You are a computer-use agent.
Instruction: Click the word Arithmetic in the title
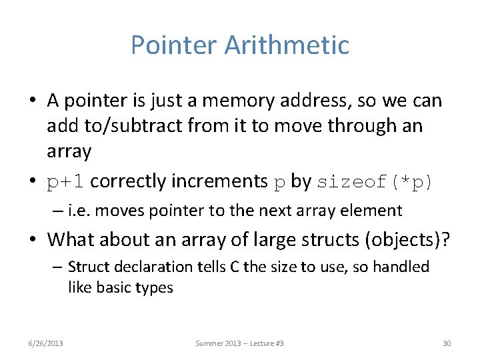287,45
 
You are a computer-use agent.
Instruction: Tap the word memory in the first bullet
235,101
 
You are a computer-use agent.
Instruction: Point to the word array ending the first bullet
69,151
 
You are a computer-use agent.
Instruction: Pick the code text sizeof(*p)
375,181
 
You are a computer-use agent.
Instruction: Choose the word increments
223,181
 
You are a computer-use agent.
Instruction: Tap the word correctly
129,181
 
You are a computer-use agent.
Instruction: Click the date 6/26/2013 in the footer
46,343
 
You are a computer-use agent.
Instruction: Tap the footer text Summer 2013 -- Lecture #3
239,343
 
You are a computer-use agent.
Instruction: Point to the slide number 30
447,343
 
